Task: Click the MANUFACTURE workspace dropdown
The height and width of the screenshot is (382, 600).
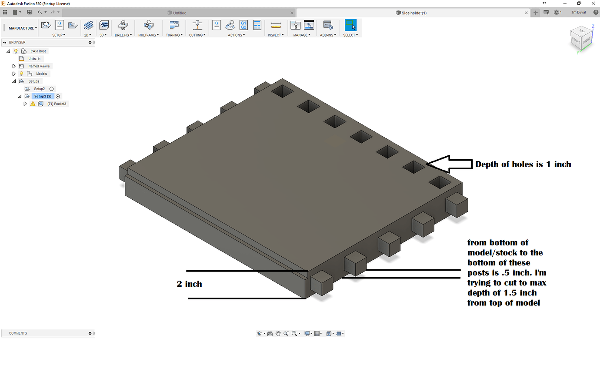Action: [23, 28]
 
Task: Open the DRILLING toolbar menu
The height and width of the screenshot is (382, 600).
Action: [123, 35]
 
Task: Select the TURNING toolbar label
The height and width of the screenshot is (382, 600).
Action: [174, 35]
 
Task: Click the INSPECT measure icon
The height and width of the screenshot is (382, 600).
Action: [276, 25]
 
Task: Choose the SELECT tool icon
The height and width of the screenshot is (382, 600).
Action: [350, 25]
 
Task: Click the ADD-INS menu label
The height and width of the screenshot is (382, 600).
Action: [328, 35]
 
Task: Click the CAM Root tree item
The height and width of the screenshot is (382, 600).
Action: [38, 51]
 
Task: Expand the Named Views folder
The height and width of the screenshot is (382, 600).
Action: [14, 66]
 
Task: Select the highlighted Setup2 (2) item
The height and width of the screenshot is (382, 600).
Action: [43, 96]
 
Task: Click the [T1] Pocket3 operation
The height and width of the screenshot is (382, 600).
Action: [57, 104]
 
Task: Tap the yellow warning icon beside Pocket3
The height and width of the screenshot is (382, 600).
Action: [33, 104]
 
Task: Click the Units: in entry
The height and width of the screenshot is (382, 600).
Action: [34, 59]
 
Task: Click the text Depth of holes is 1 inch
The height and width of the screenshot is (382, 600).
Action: [523, 164]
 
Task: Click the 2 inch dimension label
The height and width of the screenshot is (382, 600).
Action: [189, 284]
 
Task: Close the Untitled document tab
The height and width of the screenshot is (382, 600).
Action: [292, 13]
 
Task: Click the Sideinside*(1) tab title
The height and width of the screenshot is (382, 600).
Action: [413, 13]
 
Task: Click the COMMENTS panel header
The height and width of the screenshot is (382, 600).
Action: [18, 333]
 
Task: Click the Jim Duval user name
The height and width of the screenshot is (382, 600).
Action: [578, 13]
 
